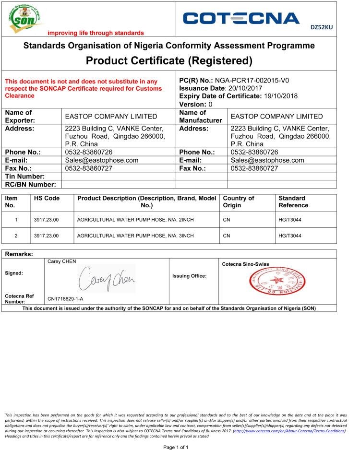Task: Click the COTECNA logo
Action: pos(241,19)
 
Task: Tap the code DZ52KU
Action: pos(322,27)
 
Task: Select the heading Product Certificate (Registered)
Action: pos(169,60)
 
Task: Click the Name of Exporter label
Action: pos(19,116)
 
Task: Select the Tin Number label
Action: pos(25,177)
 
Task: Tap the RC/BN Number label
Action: pos(30,184)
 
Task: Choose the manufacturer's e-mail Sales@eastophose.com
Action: pos(267,160)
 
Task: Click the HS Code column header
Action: pos(47,198)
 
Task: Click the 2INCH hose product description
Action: pos(135,220)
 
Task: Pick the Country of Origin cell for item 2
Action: pos(227,236)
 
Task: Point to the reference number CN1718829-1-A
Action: pos(65,299)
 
